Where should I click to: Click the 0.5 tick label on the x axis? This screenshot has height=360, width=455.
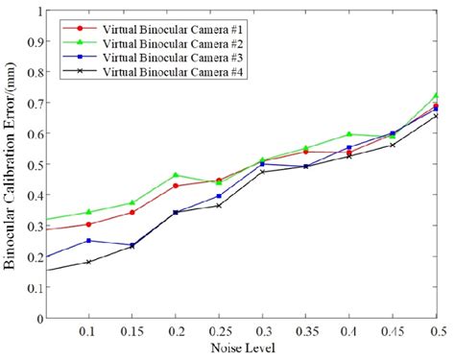click(436, 331)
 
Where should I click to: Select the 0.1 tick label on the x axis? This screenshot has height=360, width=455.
click(89, 331)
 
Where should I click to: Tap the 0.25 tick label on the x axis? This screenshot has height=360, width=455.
click(219, 331)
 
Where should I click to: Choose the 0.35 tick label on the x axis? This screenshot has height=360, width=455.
click(305, 331)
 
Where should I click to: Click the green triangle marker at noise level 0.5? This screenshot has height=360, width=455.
click(436, 96)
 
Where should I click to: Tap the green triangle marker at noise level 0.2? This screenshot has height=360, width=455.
click(176, 176)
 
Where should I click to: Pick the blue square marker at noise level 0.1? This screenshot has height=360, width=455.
click(89, 241)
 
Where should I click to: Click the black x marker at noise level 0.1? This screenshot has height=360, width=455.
click(89, 262)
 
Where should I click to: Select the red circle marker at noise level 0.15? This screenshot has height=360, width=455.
click(132, 212)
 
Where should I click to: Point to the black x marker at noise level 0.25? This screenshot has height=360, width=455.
click(219, 205)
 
